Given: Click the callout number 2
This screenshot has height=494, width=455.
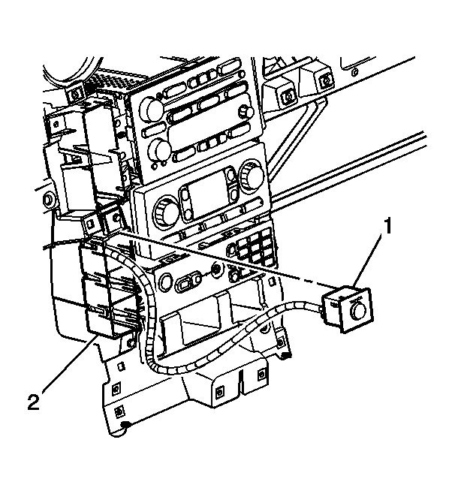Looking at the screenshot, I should pyautogui.click(x=32, y=402).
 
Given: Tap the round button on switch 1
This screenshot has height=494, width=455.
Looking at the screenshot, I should pyautogui.click(x=358, y=309).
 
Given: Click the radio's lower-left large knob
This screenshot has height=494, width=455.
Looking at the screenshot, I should pyautogui.click(x=159, y=151).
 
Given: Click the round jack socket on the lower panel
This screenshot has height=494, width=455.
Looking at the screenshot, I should pyautogui.click(x=216, y=269).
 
